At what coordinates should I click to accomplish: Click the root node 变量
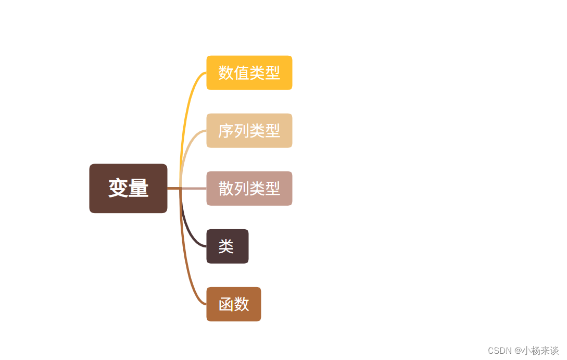coord(128,188)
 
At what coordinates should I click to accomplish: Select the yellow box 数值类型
coord(249,73)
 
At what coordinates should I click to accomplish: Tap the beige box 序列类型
coord(249,131)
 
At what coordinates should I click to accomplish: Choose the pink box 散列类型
coord(249,189)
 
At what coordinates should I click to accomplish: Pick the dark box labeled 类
coord(228,246)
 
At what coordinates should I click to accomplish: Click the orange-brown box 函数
coord(233,304)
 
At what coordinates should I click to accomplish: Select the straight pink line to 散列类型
coord(194,189)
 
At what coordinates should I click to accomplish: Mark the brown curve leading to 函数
coord(187,276)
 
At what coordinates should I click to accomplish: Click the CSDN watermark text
coord(500,351)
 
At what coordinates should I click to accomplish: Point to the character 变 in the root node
coord(118,188)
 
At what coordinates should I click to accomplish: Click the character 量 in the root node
coord(138,188)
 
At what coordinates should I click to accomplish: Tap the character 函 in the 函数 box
coord(226,304)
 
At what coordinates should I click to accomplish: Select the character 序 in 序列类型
coord(225,131)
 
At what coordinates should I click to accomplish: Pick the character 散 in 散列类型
coord(225,189)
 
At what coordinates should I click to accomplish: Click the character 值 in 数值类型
coord(241,73)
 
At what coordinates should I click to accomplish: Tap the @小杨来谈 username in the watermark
coord(537,351)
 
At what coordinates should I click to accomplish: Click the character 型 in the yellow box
coord(272,73)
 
